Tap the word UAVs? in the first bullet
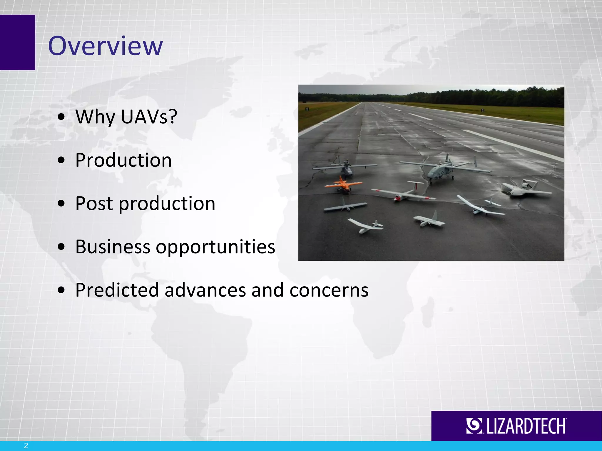click(x=149, y=117)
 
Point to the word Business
click(x=113, y=247)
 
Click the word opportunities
click(x=215, y=247)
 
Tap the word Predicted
click(x=117, y=290)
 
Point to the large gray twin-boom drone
click(x=441, y=170)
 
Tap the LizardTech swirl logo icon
click(x=474, y=425)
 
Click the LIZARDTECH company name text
click(x=526, y=426)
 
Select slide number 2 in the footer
click(x=26, y=445)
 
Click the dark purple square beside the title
click(x=17, y=43)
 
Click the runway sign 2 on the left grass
click(x=307, y=109)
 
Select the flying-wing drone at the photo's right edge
click(x=525, y=189)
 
